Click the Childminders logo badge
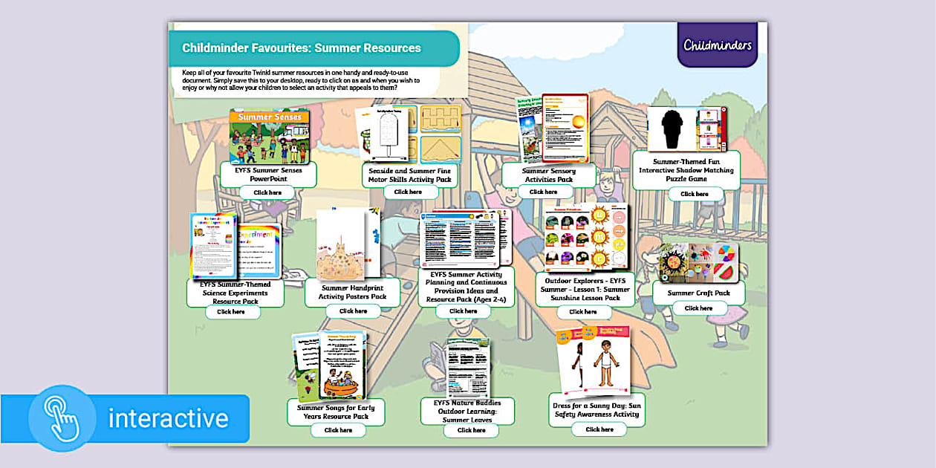tap(717, 45)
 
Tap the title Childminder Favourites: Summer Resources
tap(302, 48)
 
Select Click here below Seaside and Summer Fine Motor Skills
tap(408, 192)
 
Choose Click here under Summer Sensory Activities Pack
tap(541, 192)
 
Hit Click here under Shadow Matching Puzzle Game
tap(695, 194)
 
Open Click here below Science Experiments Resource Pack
tap(232, 312)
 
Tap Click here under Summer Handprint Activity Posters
tap(353, 311)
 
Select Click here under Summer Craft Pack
tap(698, 308)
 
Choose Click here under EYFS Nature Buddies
tap(471, 430)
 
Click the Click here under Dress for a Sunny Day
tap(599, 429)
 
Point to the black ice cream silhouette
tap(672, 129)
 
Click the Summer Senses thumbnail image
tap(269, 137)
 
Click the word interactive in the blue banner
tap(169, 418)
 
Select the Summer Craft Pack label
tap(698, 293)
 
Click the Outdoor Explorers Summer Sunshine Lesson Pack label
tap(585, 290)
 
